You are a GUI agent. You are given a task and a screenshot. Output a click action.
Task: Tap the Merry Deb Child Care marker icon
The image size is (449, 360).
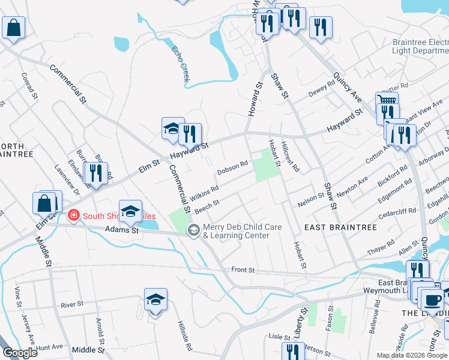pos(194,230)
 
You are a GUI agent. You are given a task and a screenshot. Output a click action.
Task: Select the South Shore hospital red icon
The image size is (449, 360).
pos(74,215)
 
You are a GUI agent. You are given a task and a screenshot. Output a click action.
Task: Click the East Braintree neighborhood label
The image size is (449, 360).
pos(340,227)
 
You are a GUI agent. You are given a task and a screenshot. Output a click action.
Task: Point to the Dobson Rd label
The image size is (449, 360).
pos(232,167)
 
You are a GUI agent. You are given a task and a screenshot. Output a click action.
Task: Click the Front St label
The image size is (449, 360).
pos(244,271)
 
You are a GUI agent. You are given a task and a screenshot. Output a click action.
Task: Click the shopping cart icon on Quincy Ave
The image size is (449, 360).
pos(387,101)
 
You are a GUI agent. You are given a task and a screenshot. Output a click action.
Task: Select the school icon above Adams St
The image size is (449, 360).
pos(130,211)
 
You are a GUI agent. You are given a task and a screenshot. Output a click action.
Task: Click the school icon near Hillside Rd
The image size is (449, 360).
pos(155,299)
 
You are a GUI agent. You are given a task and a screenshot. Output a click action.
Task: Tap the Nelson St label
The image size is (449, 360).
pos(310,199)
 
